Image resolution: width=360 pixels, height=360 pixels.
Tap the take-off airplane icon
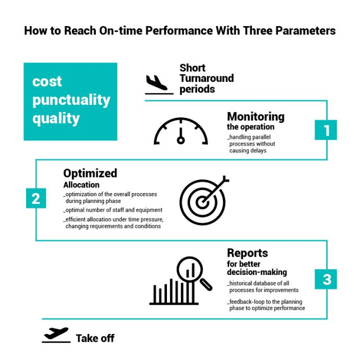click(x=56, y=334)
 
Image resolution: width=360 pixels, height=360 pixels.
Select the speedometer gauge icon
click(x=181, y=131)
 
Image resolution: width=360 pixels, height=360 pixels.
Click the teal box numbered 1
click(x=327, y=130)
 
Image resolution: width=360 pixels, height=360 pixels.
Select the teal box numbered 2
click(x=35, y=199)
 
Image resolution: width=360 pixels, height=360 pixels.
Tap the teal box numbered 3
click(x=327, y=280)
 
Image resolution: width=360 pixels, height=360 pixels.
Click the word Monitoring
click(x=256, y=116)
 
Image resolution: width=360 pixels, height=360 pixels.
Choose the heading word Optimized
click(x=90, y=173)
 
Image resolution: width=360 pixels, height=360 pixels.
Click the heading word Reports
click(x=247, y=253)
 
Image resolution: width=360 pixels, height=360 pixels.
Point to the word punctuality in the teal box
click(x=71, y=100)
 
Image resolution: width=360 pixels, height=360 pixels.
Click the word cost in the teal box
click(x=47, y=81)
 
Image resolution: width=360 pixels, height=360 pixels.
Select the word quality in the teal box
click(x=56, y=118)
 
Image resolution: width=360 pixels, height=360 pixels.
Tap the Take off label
click(x=95, y=338)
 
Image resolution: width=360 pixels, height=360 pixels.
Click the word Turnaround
click(x=206, y=78)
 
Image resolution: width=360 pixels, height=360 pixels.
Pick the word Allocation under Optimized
click(x=81, y=185)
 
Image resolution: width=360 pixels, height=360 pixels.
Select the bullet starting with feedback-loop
click(x=266, y=305)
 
